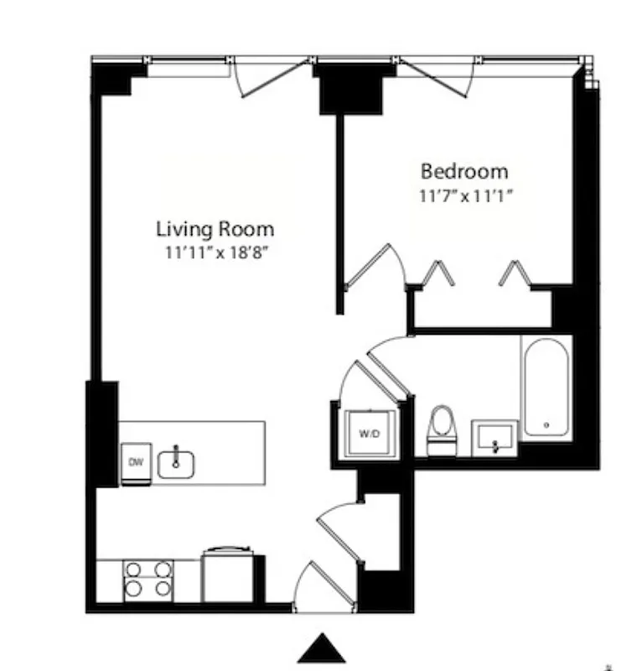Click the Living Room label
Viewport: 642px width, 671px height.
click(215, 228)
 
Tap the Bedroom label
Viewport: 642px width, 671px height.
click(463, 172)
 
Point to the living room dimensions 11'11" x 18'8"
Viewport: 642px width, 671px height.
click(215, 251)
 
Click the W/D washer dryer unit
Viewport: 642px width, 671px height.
click(369, 434)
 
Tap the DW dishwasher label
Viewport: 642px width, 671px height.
click(135, 462)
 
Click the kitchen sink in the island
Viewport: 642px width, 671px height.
click(176, 461)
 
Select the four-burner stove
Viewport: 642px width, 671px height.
click(149, 579)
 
